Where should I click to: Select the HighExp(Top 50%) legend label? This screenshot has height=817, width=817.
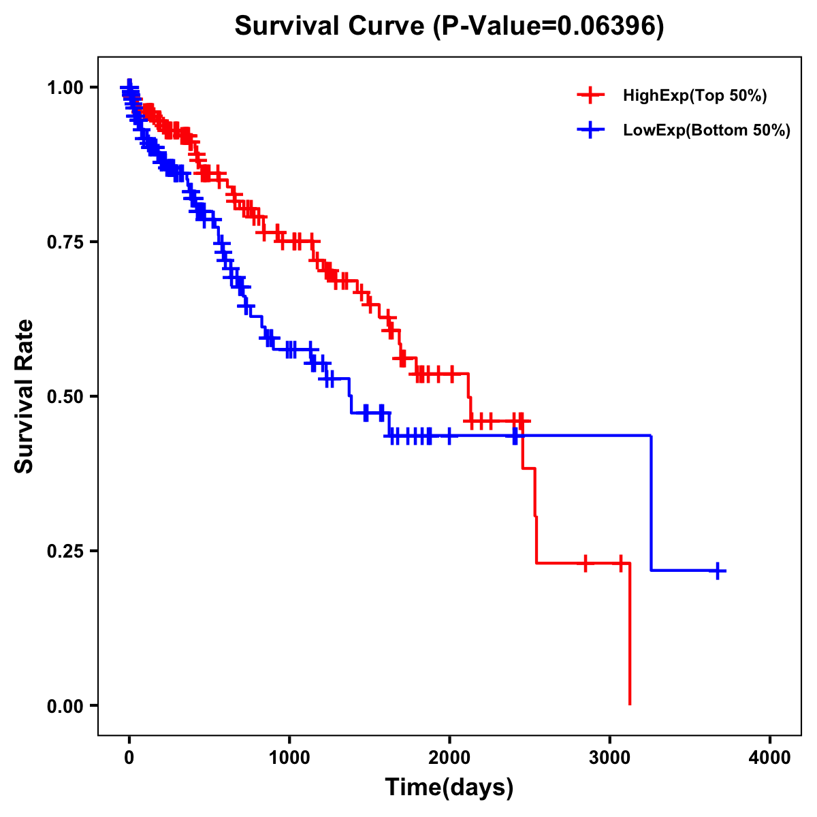(694, 96)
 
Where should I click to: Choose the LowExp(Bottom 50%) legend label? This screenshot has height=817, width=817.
(706, 131)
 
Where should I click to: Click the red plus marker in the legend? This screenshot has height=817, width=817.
(590, 95)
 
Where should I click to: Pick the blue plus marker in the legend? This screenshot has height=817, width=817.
(590, 130)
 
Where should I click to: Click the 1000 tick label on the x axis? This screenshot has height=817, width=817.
(289, 758)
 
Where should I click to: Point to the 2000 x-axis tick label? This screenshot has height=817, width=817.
(449, 758)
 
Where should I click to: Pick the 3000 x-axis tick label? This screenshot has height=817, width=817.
(610, 758)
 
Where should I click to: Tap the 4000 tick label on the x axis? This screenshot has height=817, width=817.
(770, 758)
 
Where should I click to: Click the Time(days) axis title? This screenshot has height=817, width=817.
(449, 788)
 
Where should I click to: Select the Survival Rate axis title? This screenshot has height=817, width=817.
(25, 396)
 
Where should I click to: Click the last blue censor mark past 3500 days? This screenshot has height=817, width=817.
(718, 571)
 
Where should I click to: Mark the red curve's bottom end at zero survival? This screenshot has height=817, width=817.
(630, 703)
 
